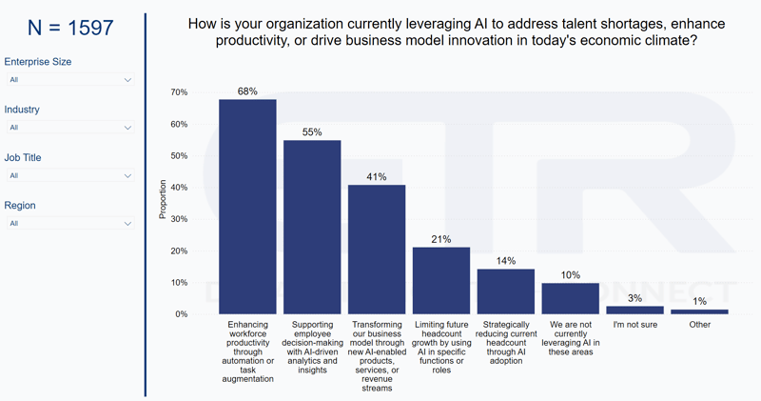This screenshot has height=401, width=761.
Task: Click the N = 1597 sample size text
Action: pos(70,29)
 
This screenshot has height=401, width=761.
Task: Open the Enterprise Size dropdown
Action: pos(70,80)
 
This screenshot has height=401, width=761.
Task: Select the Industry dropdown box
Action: pos(70,128)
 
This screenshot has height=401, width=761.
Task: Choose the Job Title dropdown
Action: pos(70,175)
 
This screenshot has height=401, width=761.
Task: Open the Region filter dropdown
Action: pos(70,224)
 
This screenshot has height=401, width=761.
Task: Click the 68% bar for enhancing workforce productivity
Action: pos(247,207)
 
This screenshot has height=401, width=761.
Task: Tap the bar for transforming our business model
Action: pos(377,250)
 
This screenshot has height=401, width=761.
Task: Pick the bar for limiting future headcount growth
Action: pos(441,281)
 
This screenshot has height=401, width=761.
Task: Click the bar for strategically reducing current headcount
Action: pos(506,291)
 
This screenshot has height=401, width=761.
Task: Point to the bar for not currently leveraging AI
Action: pos(571,298)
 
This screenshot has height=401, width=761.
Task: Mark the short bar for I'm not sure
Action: pos(634,310)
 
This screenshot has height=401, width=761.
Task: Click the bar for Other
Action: pos(699,311)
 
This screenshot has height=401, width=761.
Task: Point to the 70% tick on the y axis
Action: pos(179,92)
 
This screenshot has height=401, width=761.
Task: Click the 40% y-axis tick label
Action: pos(179,188)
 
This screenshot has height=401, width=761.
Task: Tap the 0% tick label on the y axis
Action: pos(181,314)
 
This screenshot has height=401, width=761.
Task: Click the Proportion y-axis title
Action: pos(163,200)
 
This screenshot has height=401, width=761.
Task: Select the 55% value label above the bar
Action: pos(312,132)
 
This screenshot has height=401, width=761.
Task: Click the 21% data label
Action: pos(441,240)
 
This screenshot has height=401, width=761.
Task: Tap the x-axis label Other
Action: pos(699,325)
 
